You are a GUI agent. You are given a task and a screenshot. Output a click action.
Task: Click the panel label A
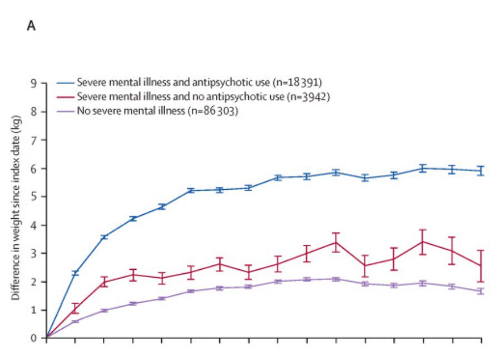click(32, 27)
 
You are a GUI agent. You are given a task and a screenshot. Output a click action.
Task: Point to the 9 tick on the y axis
click(35, 83)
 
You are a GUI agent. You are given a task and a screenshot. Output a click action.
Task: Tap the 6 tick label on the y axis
click(35, 169)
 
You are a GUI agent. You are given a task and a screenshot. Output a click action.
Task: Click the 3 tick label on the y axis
click(35, 254)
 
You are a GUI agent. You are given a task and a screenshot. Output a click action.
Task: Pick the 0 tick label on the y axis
click(35, 338)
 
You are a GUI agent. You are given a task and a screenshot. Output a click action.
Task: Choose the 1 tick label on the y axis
click(35, 310)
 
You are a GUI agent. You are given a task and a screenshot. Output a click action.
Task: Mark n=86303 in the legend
click(214, 111)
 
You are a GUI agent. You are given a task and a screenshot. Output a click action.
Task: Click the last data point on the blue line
click(481, 171)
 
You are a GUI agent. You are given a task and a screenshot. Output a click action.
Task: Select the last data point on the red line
click(481, 265)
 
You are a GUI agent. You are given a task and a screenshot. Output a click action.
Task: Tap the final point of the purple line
click(481, 291)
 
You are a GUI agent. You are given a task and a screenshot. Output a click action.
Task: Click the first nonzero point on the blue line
click(75, 273)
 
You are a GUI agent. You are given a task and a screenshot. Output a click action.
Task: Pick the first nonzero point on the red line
click(75, 308)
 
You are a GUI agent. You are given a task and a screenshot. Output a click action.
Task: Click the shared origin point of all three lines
click(46, 338)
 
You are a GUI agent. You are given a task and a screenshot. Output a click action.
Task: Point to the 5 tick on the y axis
click(35, 197)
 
